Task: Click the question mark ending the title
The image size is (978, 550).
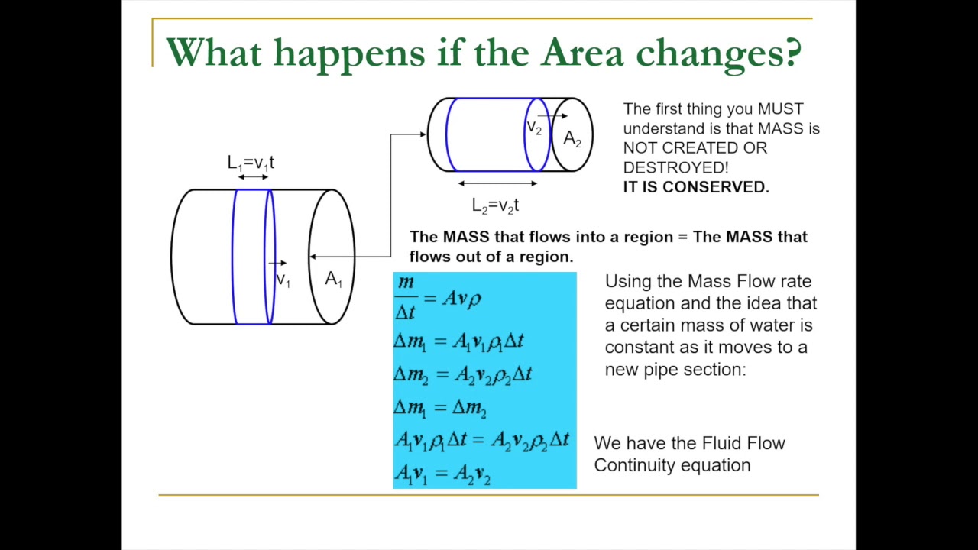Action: (792, 52)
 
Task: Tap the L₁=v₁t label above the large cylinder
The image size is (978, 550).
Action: (251, 163)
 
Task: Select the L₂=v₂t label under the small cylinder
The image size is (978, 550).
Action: (495, 205)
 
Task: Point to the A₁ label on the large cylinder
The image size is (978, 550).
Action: (333, 280)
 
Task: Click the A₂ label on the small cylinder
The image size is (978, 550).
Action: (572, 139)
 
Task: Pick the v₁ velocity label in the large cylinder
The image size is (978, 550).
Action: (283, 280)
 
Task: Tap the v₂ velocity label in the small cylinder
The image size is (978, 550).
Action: (534, 128)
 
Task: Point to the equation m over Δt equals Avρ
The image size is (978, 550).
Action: (439, 298)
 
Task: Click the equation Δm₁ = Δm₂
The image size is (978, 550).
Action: (440, 408)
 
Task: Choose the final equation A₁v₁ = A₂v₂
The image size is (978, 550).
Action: (442, 474)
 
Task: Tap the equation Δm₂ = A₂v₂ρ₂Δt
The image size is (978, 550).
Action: (462, 374)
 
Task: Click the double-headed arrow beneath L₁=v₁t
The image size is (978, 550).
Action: (252, 177)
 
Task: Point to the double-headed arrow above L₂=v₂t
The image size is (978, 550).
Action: (497, 183)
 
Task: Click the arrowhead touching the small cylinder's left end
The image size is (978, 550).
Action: (423, 135)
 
